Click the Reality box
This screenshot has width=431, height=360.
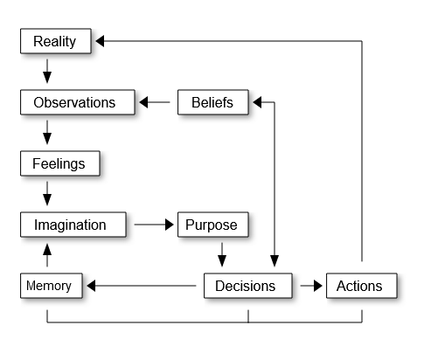[x=54, y=41]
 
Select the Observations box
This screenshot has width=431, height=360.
[x=74, y=102]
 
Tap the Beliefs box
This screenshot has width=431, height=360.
[x=212, y=102]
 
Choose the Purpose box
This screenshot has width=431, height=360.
[x=211, y=225]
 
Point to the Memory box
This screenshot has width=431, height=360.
[x=48, y=286]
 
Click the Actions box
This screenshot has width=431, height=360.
[x=359, y=286]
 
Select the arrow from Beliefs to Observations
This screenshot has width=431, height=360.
[x=156, y=102]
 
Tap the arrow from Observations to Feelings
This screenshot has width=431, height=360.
[x=47, y=133]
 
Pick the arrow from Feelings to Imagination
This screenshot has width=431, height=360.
[x=47, y=194]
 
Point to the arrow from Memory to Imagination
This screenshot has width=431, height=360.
[x=47, y=255]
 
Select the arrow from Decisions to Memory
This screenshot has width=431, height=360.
[x=140, y=286]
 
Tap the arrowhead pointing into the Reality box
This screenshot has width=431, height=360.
[x=101, y=41]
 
